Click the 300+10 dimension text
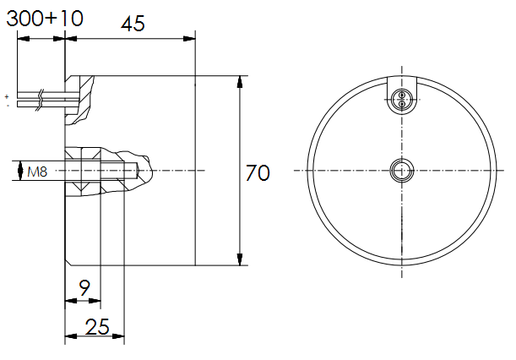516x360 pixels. pyautogui.click(x=45, y=19)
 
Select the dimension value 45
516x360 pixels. pyautogui.click(x=133, y=24)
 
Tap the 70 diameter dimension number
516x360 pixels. pyautogui.click(x=258, y=173)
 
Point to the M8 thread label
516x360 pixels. pyautogui.click(x=37, y=172)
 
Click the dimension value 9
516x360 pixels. pyautogui.click(x=84, y=288)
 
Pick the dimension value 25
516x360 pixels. pyautogui.click(x=97, y=327)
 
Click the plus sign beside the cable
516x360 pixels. pyautogui.click(x=7, y=97)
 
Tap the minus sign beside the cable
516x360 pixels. pyautogui.click(x=8, y=106)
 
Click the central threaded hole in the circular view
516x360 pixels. pyautogui.click(x=401, y=171)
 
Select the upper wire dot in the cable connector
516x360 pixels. pyautogui.click(x=401, y=95)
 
